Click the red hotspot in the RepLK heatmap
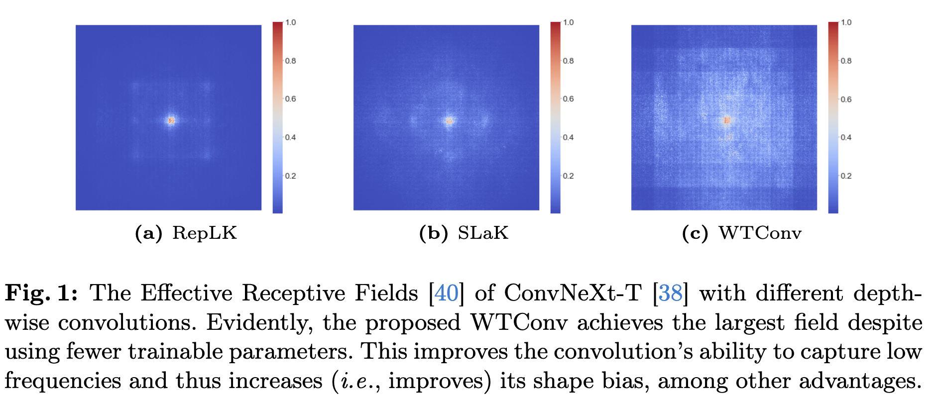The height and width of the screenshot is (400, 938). (171, 120)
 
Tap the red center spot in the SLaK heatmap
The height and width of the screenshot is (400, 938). (449, 120)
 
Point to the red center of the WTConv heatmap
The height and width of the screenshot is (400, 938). (726, 120)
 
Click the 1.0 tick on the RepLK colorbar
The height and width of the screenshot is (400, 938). (290, 22)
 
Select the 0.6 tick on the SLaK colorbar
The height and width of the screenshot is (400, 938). (568, 99)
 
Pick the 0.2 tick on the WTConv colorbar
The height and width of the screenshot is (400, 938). (846, 176)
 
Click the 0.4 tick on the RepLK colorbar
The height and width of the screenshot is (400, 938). (290, 137)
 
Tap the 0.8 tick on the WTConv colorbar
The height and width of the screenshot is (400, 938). (846, 61)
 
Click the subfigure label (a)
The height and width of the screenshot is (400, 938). (148, 233)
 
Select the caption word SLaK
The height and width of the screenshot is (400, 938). (483, 233)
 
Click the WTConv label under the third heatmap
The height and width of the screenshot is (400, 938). (760, 233)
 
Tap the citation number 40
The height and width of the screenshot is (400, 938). (446, 293)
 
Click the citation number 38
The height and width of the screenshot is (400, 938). (670, 293)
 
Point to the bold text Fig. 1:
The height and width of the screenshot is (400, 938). (41, 293)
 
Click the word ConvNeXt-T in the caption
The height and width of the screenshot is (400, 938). (573, 293)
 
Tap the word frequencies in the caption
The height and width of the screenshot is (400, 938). (63, 381)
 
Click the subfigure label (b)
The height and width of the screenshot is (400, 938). (434, 233)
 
